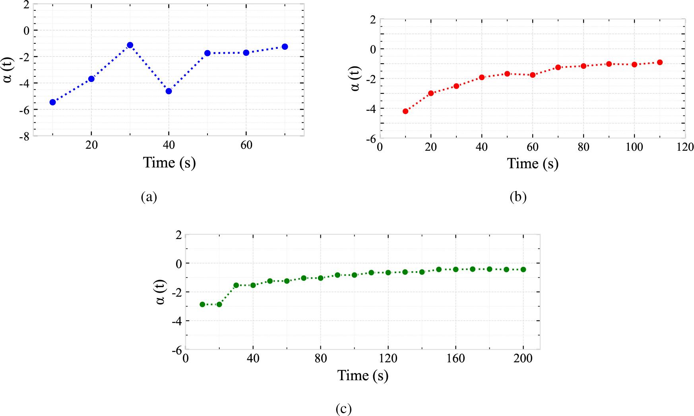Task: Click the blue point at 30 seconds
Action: (130, 45)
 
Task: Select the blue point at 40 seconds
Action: (169, 91)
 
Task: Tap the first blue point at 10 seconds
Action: (52, 102)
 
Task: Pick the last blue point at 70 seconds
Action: (285, 47)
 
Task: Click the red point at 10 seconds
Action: (405, 111)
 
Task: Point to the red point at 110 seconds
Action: (660, 62)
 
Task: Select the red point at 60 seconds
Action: (533, 75)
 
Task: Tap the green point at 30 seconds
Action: (236, 285)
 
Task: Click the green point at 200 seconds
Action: (523, 270)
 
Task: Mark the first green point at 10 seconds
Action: (202, 304)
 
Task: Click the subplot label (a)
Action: (149, 197)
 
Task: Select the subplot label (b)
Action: (518, 197)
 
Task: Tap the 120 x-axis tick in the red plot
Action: (685, 147)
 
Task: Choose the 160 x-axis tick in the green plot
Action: (456, 358)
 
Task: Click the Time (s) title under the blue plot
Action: (169, 163)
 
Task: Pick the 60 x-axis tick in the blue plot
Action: (246, 145)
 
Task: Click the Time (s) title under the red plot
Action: (533, 163)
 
